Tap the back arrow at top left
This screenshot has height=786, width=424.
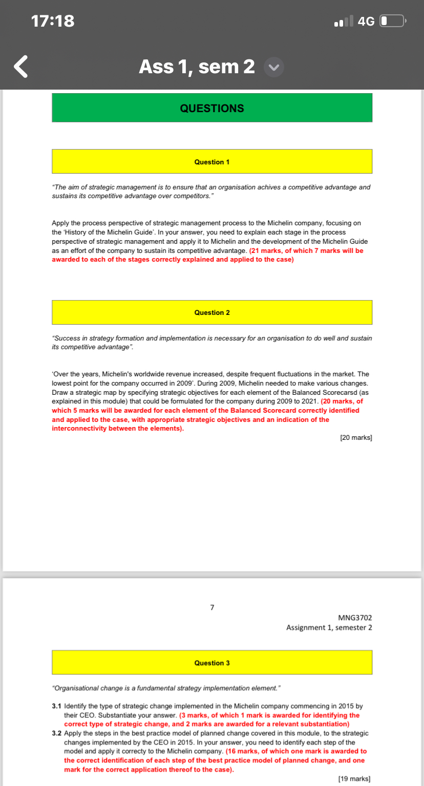(x=20, y=67)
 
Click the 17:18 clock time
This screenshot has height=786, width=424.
(x=53, y=21)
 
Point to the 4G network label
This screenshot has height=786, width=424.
(x=366, y=21)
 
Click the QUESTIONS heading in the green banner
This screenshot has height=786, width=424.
(x=212, y=108)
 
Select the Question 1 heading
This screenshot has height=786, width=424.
(x=212, y=162)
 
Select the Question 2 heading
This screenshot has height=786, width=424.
(x=212, y=312)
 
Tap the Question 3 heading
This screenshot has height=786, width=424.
(x=212, y=663)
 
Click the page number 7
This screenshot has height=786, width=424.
(x=212, y=608)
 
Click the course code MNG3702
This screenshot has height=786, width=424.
(x=355, y=618)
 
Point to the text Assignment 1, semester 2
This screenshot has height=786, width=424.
(x=329, y=627)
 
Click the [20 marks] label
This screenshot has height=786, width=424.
(x=356, y=438)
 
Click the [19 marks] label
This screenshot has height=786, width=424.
(x=354, y=778)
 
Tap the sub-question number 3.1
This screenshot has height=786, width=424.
(x=57, y=706)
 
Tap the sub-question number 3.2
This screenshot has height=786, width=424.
(x=57, y=733)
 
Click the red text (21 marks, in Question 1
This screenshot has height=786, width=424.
(x=271, y=250)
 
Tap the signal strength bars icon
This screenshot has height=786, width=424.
(x=343, y=22)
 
